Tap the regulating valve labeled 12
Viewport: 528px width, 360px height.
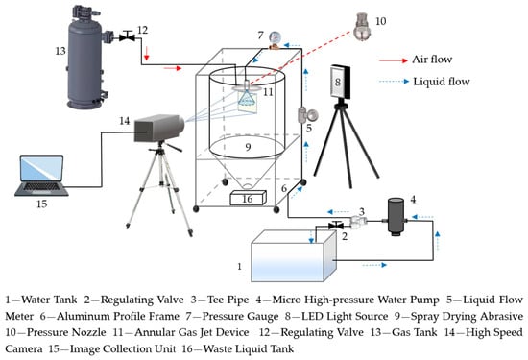pos(127,36)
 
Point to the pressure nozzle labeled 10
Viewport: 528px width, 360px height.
pos(362,26)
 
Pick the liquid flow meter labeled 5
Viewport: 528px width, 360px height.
pos(307,115)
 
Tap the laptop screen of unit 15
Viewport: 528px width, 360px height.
pos(41,169)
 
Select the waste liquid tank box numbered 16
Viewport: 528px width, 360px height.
pos(249,198)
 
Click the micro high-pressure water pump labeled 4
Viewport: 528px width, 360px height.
pos(396,216)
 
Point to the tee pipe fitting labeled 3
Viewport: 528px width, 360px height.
pos(357,222)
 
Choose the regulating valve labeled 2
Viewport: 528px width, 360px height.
pos(336,225)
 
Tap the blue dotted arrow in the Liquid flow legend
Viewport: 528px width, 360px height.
pos(394,82)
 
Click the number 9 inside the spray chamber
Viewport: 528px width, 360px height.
pos(248,147)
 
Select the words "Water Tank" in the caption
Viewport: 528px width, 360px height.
pos(49,300)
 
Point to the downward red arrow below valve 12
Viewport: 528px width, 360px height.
pos(146,53)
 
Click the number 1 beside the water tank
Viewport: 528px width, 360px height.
pos(239,266)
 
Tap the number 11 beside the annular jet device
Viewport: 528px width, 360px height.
pos(268,91)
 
